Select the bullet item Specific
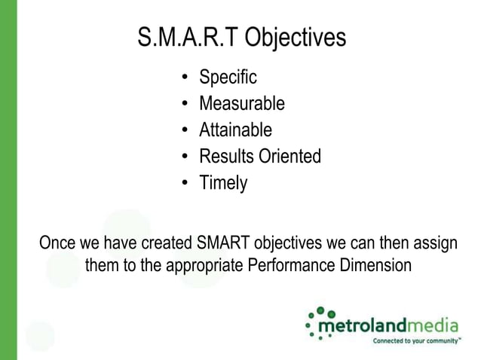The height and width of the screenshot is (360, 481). click(x=228, y=77)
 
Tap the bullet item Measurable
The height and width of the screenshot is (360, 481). click(x=241, y=103)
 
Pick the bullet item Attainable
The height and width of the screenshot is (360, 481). click(x=235, y=130)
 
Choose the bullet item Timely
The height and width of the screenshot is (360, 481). click(x=222, y=183)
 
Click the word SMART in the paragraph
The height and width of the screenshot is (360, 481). click(x=224, y=244)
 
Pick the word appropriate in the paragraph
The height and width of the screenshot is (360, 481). click(x=198, y=266)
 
